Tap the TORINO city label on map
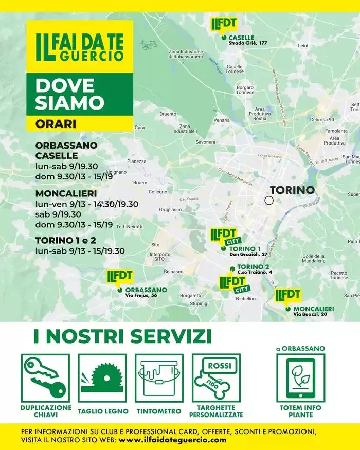click(292, 190)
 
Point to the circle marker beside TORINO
click(269, 200)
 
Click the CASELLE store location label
click(241, 38)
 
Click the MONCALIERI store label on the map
click(314, 309)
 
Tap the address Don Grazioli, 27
click(248, 254)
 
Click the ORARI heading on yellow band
click(56, 124)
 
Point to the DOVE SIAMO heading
click(69, 93)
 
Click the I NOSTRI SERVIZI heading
click(122, 336)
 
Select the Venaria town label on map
click(222, 120)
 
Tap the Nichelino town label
click(245, 298)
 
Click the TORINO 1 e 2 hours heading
click(65, 240)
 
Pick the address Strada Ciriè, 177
click(249, 43)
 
